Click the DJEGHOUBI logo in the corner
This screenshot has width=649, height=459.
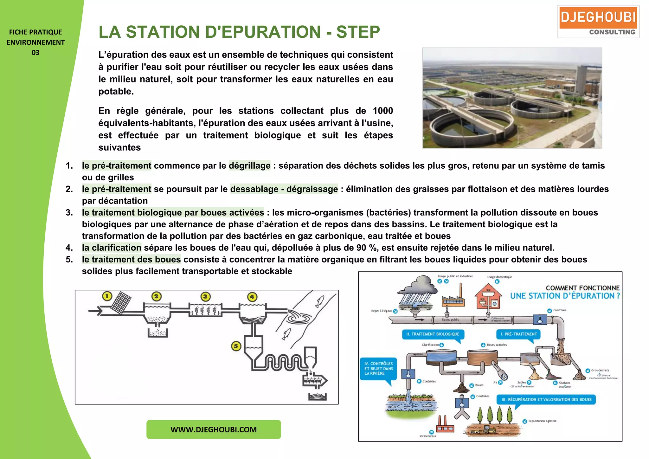point(598,22)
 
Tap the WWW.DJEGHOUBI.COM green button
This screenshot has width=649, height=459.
point(214,430)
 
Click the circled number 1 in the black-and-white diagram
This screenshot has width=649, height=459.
point(107,296)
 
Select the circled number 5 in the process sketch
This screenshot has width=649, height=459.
point(236,346)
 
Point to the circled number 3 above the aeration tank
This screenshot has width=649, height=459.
point(205,297)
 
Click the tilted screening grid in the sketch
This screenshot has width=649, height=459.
point(121,303)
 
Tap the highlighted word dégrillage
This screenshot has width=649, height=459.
point(249,165)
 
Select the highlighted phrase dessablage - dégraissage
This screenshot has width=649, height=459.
point(284,189)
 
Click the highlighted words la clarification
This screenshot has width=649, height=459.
point(112,248)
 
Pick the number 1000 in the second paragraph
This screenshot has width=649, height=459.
point(383,111)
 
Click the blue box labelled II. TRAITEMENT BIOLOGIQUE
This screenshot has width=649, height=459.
point(433,334)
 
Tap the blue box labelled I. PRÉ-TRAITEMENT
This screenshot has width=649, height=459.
point(518,334)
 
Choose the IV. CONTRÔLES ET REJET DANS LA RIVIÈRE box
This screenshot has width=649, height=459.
point(378,368)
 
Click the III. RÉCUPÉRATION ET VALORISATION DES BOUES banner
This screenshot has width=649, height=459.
point(546,399)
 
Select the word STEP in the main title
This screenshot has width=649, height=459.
point(358,32)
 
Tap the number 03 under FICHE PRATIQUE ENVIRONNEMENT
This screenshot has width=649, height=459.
point(35,53)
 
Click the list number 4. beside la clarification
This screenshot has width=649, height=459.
point(69,248)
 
